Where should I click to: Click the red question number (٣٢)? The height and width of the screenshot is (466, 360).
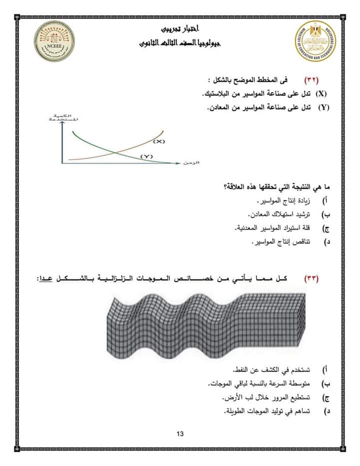311,80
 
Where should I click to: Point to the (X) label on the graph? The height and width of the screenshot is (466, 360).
158,141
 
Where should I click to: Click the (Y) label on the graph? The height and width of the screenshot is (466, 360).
145,156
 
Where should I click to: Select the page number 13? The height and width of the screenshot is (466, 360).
180,433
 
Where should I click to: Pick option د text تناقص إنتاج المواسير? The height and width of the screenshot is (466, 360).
280,241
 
